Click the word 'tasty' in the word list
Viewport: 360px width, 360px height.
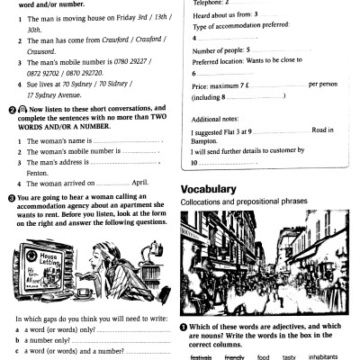[x=289, y=356]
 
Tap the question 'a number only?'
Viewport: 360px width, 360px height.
[x=50, y=342]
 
